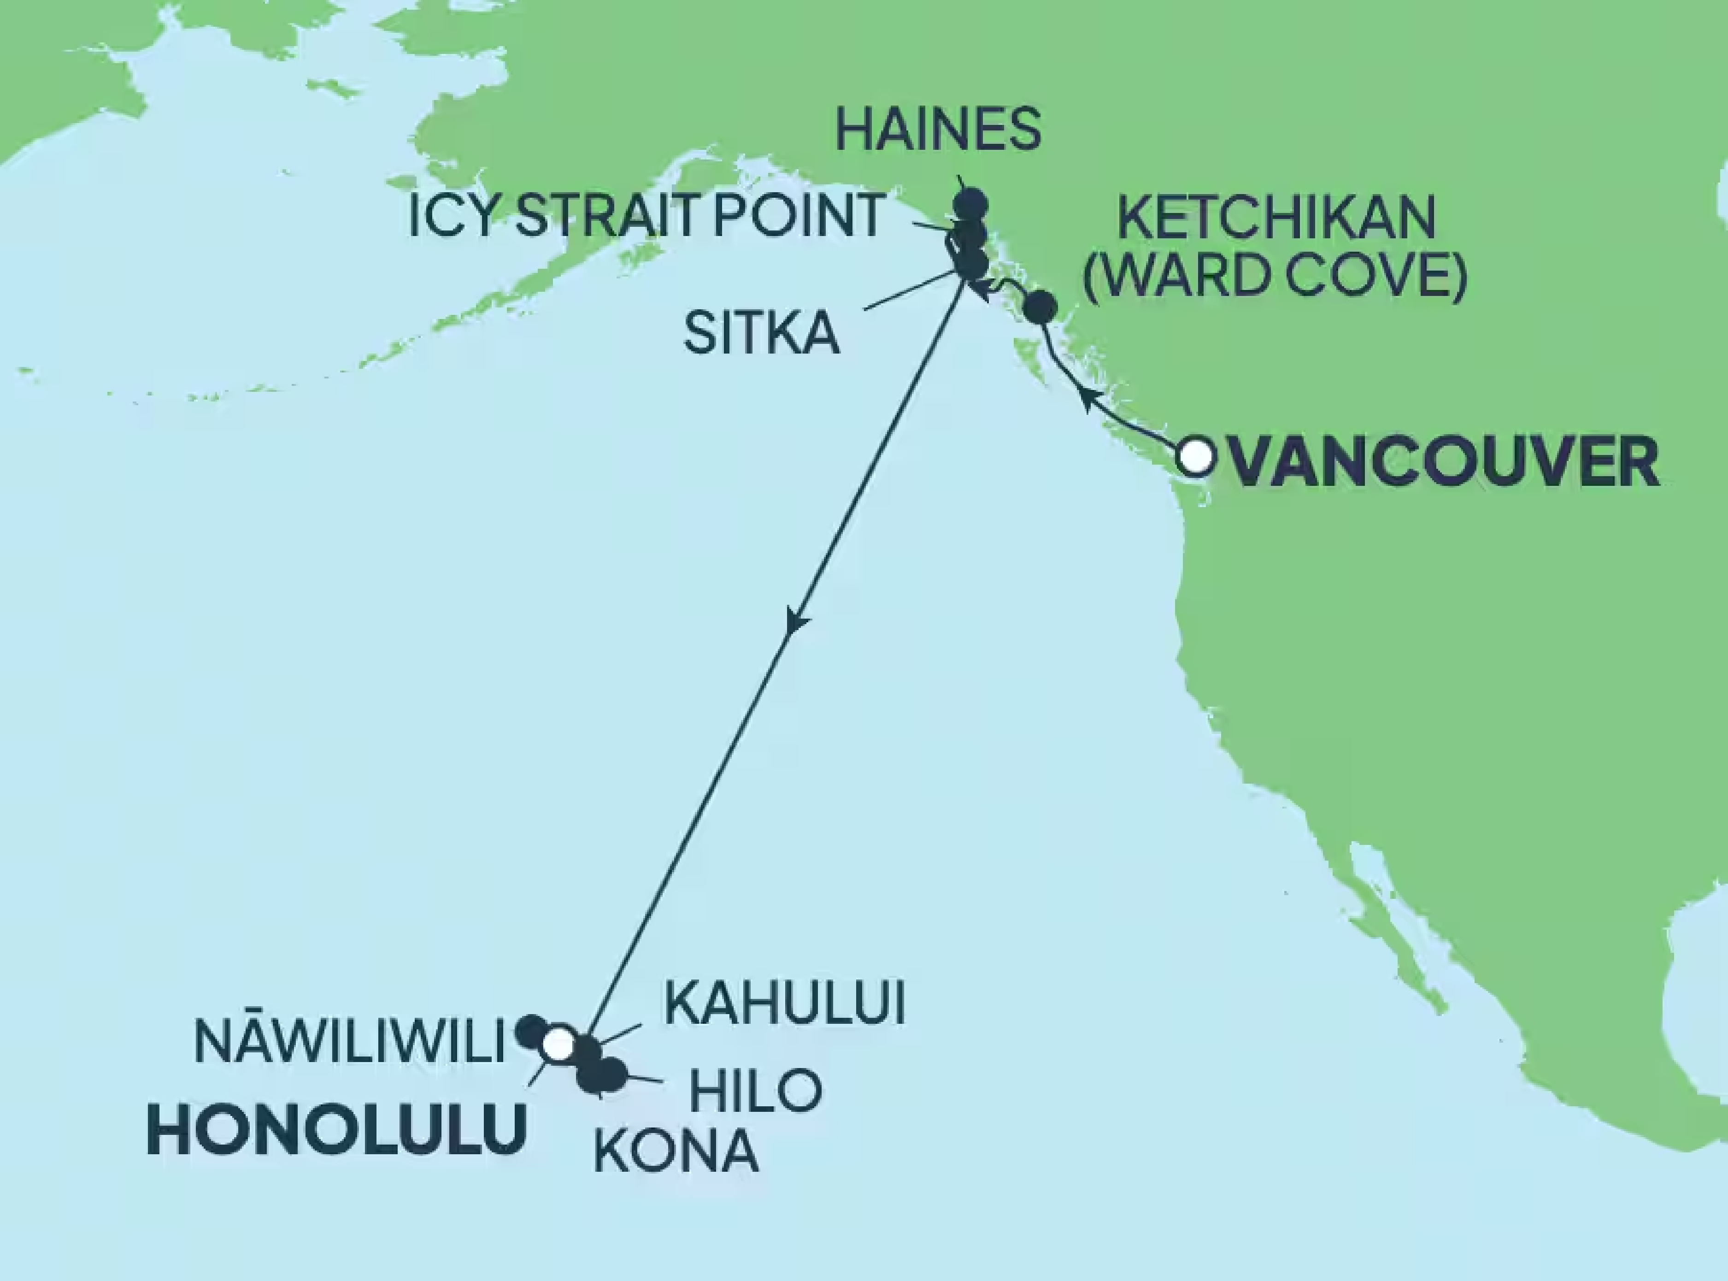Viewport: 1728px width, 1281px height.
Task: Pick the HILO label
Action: tap(755, 1090)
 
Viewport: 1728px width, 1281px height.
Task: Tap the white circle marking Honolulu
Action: tap(558, 1044)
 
